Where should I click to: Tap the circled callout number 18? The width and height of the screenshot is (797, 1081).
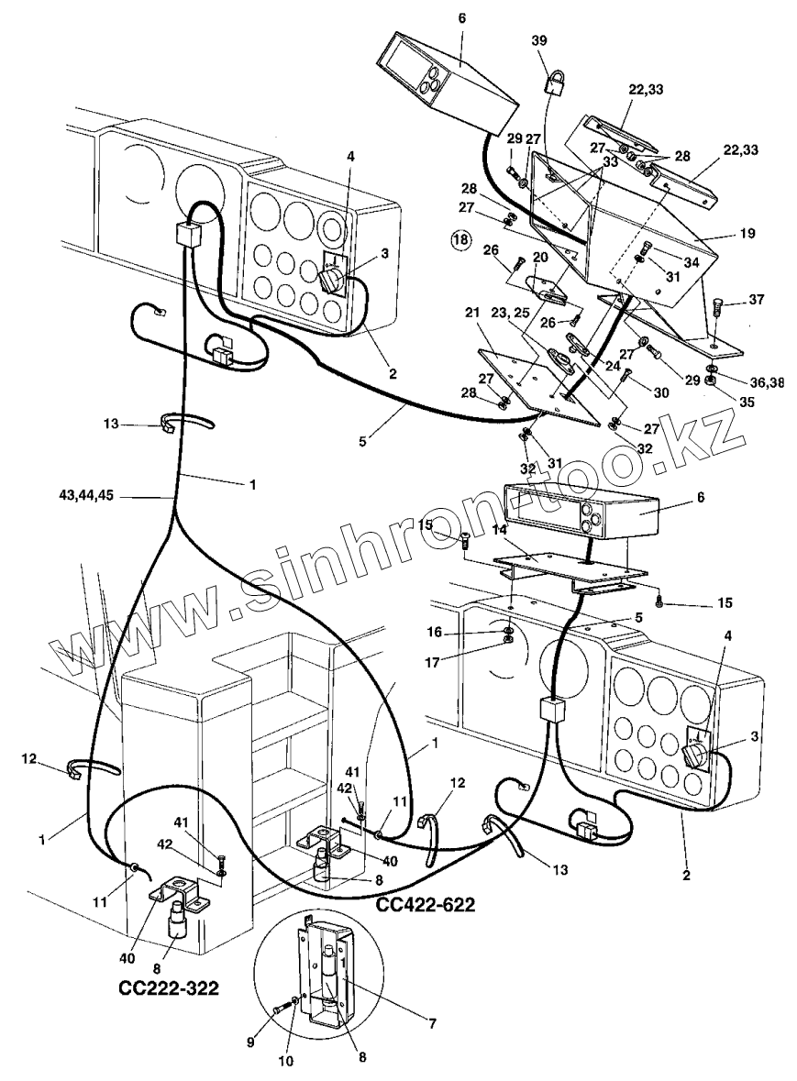click(x=461, y=240)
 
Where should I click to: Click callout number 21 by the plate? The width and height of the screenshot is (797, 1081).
click(x=473, y=314)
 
